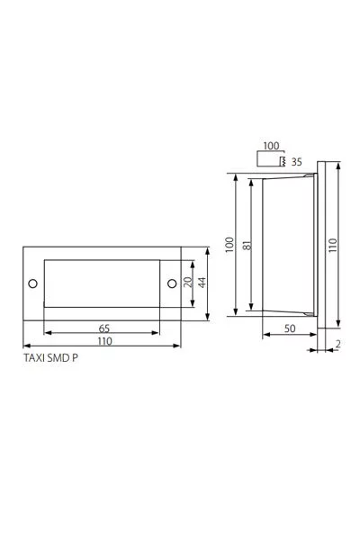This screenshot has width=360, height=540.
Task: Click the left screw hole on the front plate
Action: pyautogui.click(x=32, y=283)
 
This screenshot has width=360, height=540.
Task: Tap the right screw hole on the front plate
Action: pyautogui.click(x=172, y=283)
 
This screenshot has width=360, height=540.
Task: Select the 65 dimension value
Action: pyautogui.click(x=104, y=328)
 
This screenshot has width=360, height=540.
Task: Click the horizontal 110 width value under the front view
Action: pyautogui.click(x=104, y=341)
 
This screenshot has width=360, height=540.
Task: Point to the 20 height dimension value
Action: pyautogui.click(x=188, y=283)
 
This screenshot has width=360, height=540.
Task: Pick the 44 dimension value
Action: pyautogui.click(x=202, y=283)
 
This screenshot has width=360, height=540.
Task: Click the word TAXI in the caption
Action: pyautogui.click(x=34, y=358)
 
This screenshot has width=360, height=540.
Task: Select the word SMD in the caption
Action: pyautogui.click(x=58, y=358)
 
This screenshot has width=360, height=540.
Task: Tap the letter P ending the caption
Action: pyautogui.click(x=75, y=358)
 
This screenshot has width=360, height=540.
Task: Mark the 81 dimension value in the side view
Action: pyautogui.click(x=247, y=245)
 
